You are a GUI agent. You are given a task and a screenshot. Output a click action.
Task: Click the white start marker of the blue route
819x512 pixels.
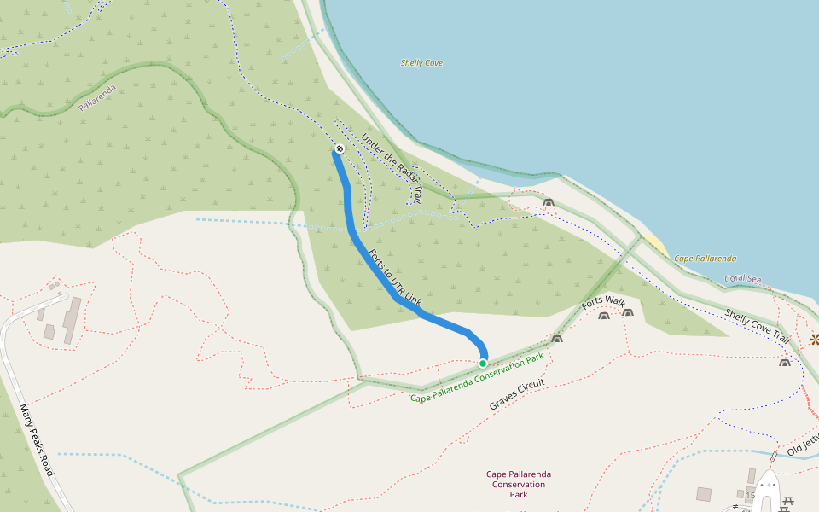[340, 149]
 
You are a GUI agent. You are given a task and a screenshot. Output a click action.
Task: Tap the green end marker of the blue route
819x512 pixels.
[483, 363]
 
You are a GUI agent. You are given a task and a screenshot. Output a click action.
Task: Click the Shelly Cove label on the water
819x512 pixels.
[421, 63]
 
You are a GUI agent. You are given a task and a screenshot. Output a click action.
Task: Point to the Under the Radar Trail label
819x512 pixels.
[392, 167]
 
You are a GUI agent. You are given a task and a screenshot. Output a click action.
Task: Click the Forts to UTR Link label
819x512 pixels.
[394, 278]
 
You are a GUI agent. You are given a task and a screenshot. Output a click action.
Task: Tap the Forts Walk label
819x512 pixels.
[603, 302]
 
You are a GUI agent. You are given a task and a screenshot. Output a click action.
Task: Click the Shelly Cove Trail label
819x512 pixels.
[757, 327]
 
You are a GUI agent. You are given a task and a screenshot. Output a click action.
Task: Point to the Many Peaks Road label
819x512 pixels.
[36, 439]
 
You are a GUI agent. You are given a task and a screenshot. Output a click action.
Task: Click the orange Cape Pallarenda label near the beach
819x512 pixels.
[705, 259]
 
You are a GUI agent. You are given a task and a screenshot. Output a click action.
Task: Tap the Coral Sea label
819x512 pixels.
[742, 279]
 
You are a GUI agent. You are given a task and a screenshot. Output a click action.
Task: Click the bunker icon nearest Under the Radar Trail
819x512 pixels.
[548, 203]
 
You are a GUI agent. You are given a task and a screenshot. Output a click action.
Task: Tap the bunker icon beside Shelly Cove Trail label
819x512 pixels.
[784, 363]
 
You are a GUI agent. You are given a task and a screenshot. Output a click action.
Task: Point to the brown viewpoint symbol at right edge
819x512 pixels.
[814, 339]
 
